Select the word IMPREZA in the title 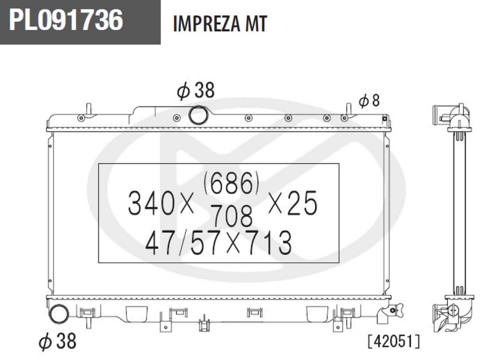click(x=207, y=24)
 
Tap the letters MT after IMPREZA click(x=256, y=24)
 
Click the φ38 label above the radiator click(x=195, y=91)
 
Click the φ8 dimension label click(x=369, y=100)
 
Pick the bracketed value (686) click(x=230, y=183)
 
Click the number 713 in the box click(x=269, y=243)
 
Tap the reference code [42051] click(x=394, y=341)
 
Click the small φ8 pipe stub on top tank click(x=346, y=110)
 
